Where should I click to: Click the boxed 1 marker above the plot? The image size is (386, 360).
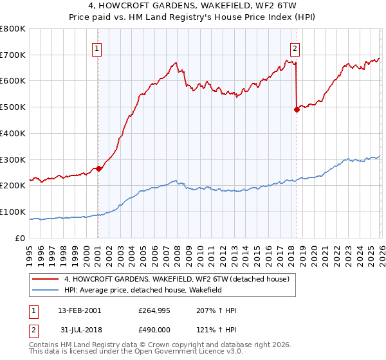click(96, 48)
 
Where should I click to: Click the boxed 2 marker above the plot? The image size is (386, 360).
click(295, 48)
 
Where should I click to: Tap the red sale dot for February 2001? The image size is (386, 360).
click(98, 168)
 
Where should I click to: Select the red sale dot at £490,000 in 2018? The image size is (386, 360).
click(297, 109)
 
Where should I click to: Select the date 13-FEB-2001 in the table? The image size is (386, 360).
click(79, 310)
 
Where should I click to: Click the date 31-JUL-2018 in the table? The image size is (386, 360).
click(79, 331)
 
